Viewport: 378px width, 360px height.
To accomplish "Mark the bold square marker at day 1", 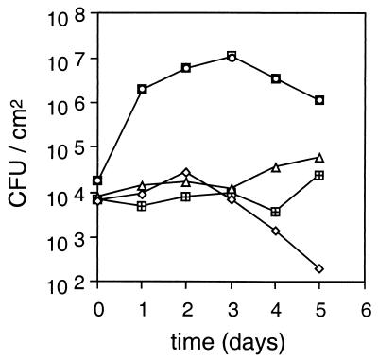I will pos(142,89).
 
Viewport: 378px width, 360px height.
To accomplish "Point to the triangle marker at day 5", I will pos(319,157).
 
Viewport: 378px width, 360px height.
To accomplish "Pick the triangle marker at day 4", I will pos(275,168).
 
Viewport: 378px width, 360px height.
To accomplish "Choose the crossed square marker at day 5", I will pos(319,176).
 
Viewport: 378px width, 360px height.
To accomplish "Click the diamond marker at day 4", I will pos(275,231).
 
